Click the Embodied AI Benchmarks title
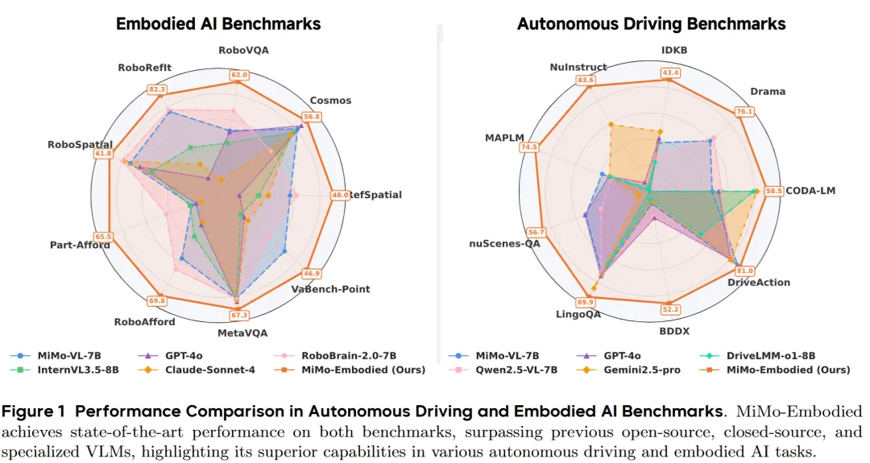[217, 23]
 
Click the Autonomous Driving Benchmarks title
[651, 24]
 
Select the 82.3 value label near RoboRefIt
[158, 89]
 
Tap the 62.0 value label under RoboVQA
[239, 76]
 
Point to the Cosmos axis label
[330, 101]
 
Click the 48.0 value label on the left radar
[340, 195]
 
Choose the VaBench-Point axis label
[330, 289]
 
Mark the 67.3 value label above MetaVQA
[239, 315]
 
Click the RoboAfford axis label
[144, 322]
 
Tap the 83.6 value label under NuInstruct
[586, 80]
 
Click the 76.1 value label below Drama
[744, 112]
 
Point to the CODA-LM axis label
[811, 191]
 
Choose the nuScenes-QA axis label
[504, 244]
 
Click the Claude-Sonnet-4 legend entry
[199, 370]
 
